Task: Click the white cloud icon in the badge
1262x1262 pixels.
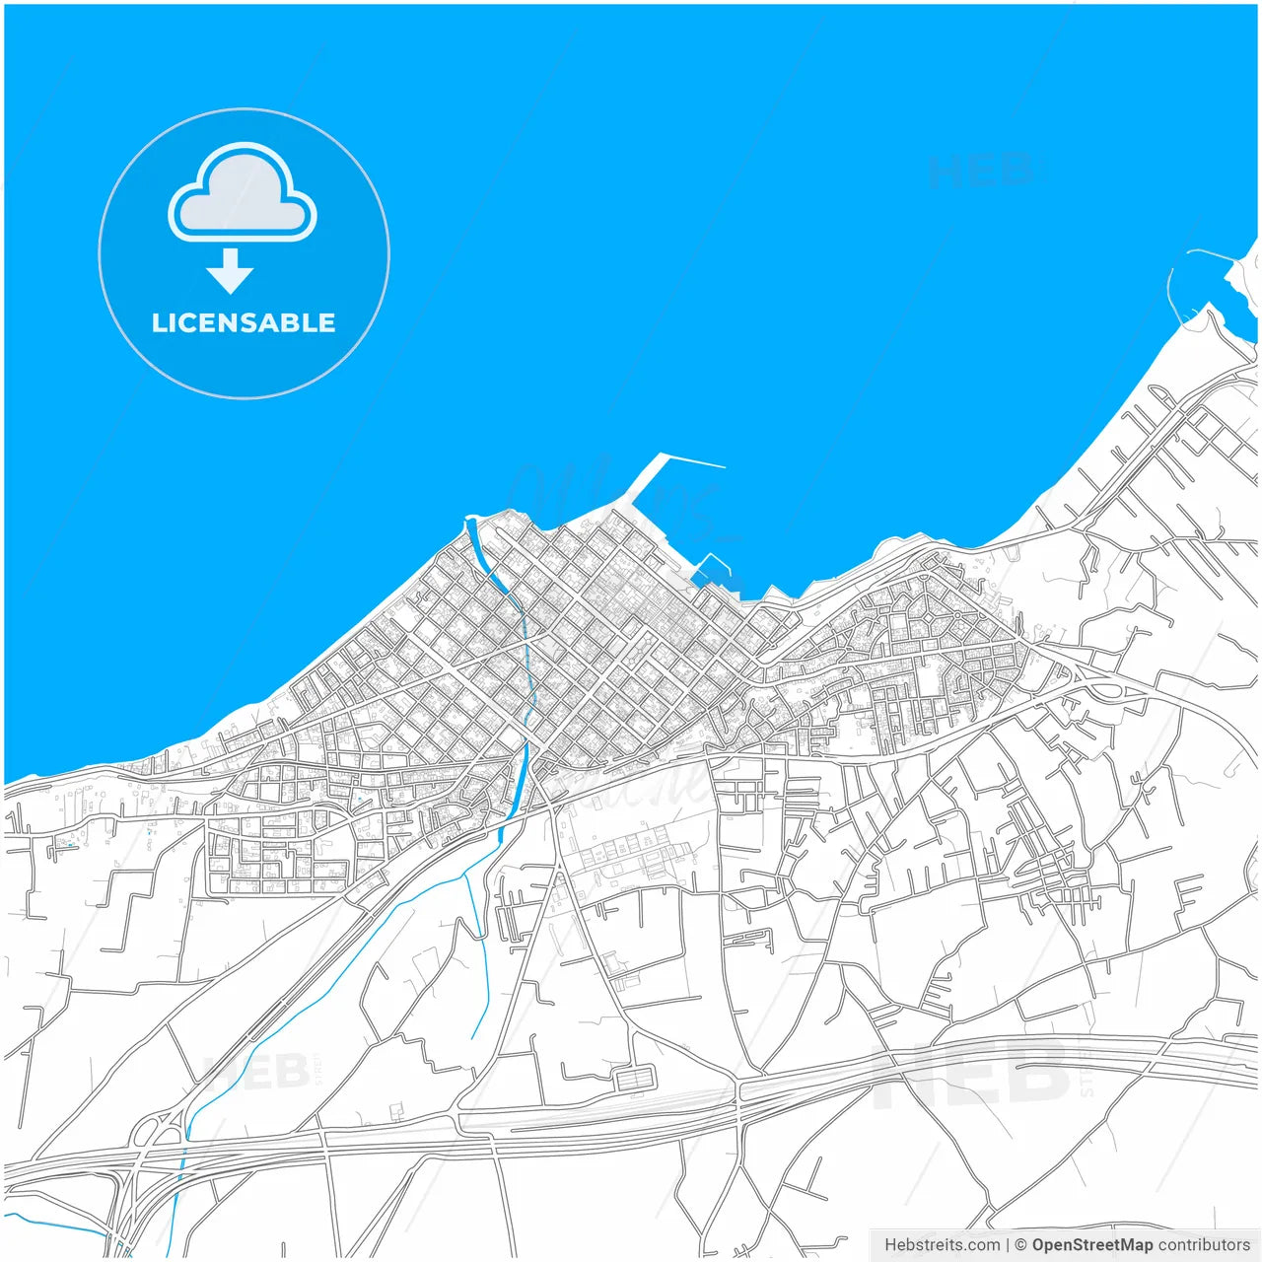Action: pyautogui.click(x=243, y=197)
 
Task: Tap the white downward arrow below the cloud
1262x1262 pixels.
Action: pyautogui.click(x=230, y=271)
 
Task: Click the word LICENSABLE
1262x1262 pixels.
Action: pyautogui.click(x=244, y=323)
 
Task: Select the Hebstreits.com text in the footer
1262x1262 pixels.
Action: pyautogui.click(x=942, y=1245)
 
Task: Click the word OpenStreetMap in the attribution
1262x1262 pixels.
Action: pyautogui.click(x=1092, y=1245)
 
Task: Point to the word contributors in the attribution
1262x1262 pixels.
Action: pyautogui.click(x=1204, y=1245)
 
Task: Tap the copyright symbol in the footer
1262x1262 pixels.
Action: pyautogui.click(x=1020, y=1245)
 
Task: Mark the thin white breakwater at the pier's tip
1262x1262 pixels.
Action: pyautogui.click(x=692, y=460)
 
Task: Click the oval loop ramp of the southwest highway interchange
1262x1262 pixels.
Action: pyautogui.click(x=148, y=1134)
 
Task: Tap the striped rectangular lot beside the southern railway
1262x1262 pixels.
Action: pyautogui.click(x=636, y=1078)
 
